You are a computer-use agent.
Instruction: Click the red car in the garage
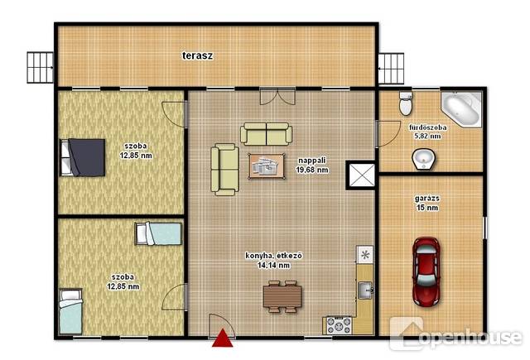[x=426, y=271]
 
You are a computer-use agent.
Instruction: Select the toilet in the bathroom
[x=406, y=103]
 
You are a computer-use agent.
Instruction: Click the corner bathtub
[x=461, y=108]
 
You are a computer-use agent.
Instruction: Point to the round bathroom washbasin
[x=423, y=159]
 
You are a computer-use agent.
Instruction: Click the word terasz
[x=198, y=55]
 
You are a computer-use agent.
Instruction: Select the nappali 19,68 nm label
[x=312, y=166]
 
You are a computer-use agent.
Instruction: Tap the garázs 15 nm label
[x=427, y=203]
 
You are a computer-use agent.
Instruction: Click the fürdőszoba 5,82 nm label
[x=427, y=132]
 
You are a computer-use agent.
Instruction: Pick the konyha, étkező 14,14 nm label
[x=273, y=261]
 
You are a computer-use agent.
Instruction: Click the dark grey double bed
[x=83, y=157]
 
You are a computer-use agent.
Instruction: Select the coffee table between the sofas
[x=267, y=166]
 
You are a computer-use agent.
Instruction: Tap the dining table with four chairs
[x=282, y=297]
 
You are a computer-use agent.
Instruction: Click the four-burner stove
[x=339, y=325]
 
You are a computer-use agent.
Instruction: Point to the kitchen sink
[x=364, y=290]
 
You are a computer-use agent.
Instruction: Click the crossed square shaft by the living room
[x=362, y=175]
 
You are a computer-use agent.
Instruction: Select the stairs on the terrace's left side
[x=41, y=68]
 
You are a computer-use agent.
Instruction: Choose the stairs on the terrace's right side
[x=391, y=69]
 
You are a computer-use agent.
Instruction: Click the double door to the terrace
[x=277, y=96]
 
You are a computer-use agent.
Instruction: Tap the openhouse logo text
[x=470, y=337]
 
